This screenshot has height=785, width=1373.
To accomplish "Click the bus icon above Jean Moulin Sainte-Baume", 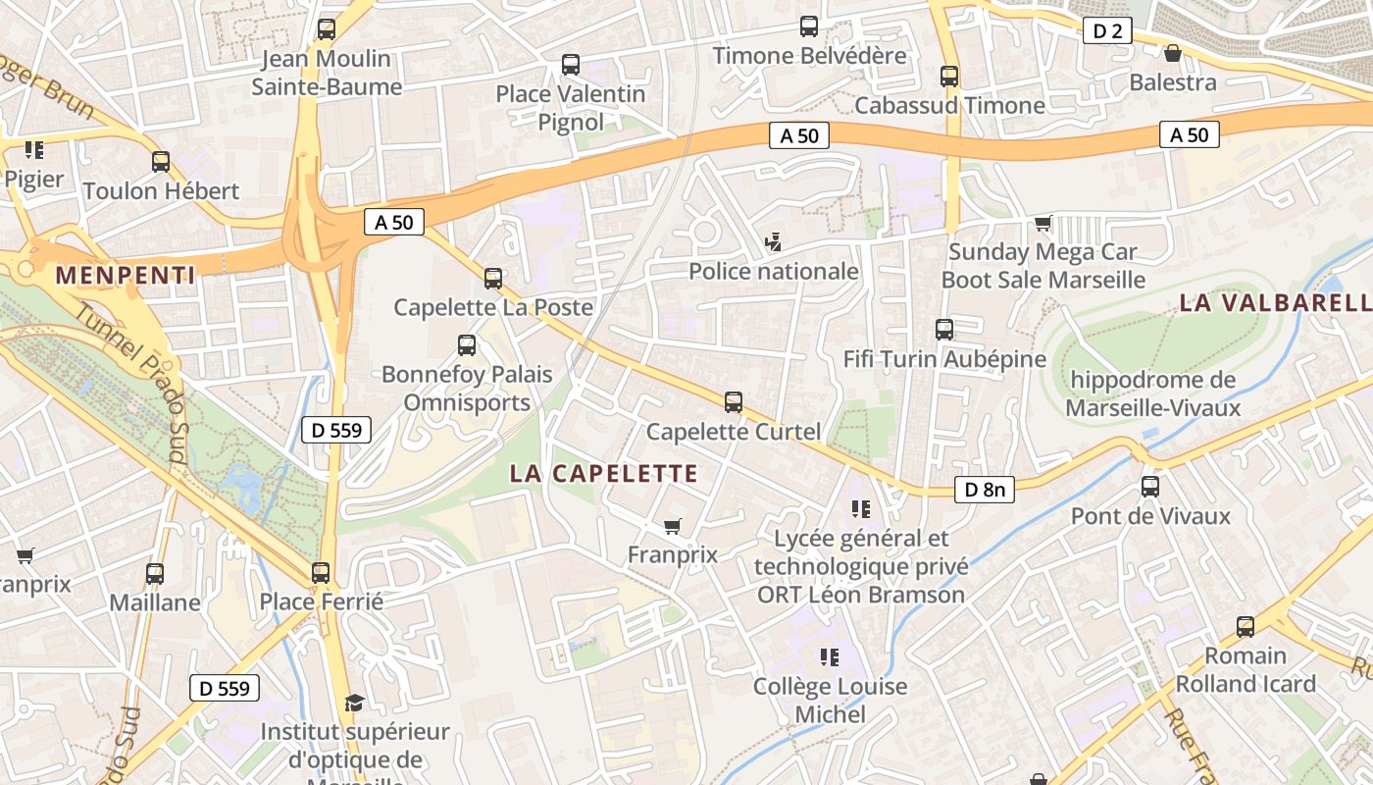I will click(x=327, y=29).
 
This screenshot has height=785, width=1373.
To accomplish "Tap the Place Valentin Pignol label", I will click(x=570, y=108).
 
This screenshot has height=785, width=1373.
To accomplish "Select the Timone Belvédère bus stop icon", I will click(x=809, y=26).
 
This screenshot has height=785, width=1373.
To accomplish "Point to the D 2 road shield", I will click(x=1107, y=31).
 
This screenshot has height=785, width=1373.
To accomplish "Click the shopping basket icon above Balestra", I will click(x=1172, y=53).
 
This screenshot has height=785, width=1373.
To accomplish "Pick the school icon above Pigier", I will click(x=34, y=150).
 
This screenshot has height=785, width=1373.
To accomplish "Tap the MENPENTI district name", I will click(x=125, y=275).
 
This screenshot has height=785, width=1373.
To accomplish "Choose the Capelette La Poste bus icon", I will click(x=493, y=279).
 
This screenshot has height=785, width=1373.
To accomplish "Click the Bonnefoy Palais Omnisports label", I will click(x=467, y=389).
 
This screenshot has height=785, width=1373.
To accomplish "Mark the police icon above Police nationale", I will click(x=773, y=241).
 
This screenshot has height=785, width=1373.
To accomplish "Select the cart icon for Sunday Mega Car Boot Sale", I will click(x=1042, y=224).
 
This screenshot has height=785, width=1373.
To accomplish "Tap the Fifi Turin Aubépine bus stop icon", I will click(x=944, y=330).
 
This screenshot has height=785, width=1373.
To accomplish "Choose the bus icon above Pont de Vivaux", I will click(x=1150, y=487).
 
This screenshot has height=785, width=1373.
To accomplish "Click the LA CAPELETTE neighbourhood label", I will click(x=603, y=474).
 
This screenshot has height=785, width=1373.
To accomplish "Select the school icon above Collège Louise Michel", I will click(x=830, y=656).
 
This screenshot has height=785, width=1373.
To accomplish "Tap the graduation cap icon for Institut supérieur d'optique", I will click(x=353, y=703).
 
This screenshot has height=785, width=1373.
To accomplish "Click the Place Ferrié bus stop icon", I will click(x=321, y=573).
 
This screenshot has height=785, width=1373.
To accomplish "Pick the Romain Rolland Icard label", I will click(x=1245, y=669).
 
